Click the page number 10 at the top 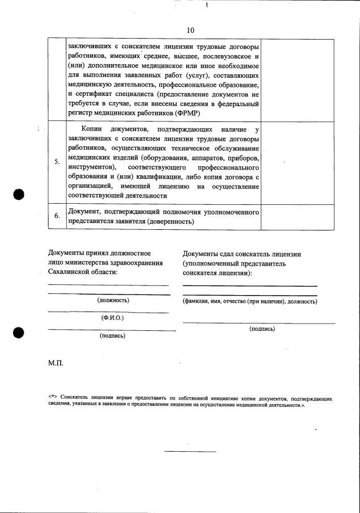(190, 30)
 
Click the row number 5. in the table (57, 162)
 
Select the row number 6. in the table (57, 216)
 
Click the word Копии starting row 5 (93, 130)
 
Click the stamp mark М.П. (56, 363)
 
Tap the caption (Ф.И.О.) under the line (112, 318)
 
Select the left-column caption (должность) (113, 300)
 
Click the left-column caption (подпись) (112, 335)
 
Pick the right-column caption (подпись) (262, 329)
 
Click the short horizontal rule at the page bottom (190, 452)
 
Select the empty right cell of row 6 (297, 216)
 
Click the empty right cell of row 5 (297, 162)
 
